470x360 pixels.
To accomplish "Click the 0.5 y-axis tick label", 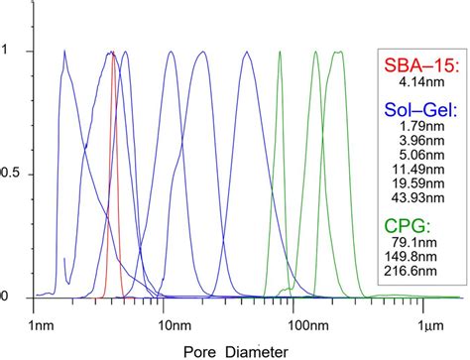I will point(18,175).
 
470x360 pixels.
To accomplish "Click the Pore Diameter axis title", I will point(236,350).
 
